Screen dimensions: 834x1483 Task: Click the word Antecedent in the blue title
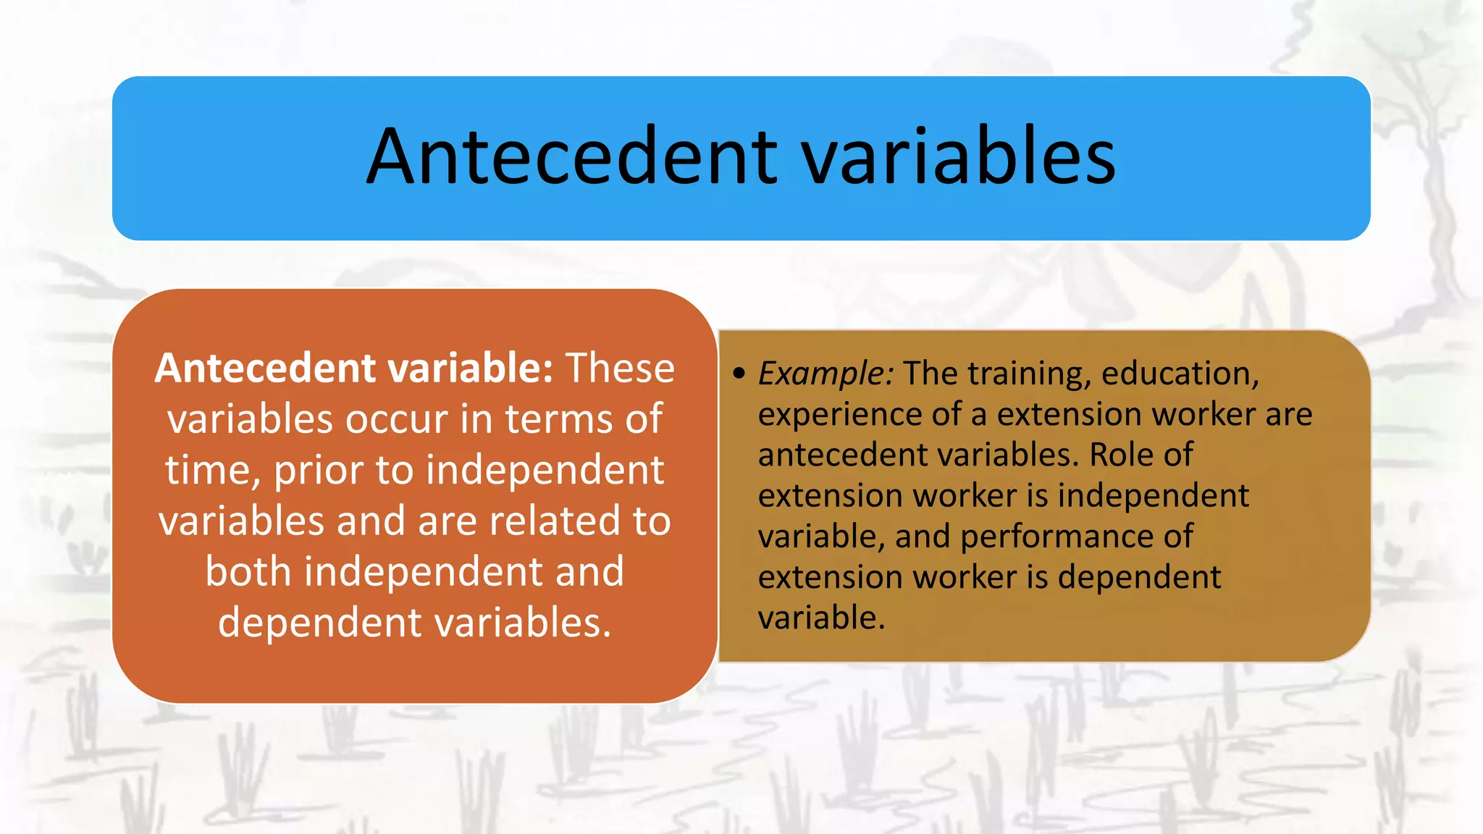click(x=571, y=157)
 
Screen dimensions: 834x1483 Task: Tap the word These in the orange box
click(x=620, y=368)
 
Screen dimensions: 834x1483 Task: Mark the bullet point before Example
click(x=738, y=374)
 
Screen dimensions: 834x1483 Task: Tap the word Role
click(x=1119, y=455)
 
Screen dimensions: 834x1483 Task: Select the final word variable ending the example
click(x=820, y=618)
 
